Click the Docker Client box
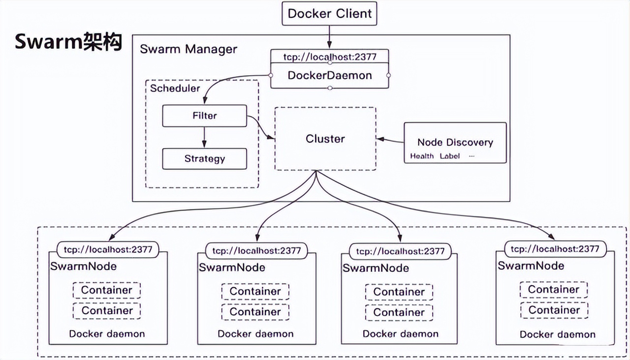329,13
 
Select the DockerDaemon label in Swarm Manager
330,76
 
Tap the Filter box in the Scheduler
204,116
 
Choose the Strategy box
204,159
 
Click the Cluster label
325,139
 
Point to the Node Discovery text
455,142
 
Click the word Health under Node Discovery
422,156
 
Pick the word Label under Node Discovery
449,156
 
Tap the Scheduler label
175,89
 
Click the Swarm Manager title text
188,49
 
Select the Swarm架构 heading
68,42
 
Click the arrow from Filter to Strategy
204,137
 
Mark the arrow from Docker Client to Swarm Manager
329,37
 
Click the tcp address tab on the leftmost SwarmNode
108,249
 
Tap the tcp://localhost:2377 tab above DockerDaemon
330,57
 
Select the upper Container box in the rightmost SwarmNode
554,290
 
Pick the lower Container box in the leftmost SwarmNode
107,310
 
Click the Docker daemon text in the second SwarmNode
255,334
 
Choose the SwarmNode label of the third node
376,268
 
